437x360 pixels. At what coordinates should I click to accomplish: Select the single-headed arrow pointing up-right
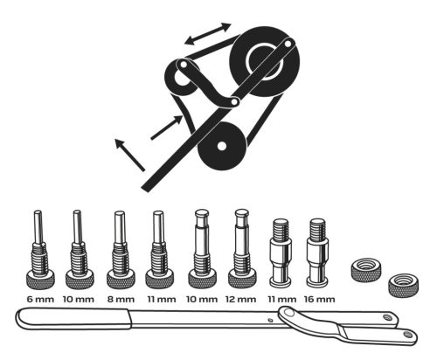click(x=165, y=128)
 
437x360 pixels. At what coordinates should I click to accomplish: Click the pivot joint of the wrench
click(x=280, y=322)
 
